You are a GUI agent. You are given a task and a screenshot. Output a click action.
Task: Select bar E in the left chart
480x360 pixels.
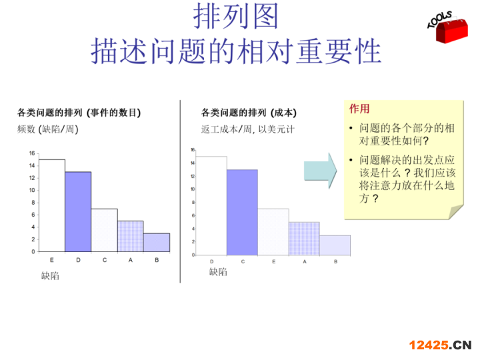point(52,205)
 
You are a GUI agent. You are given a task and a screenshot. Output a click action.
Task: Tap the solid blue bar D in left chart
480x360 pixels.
point(78,212)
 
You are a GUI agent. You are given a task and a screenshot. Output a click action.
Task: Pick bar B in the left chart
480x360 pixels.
point(157,243)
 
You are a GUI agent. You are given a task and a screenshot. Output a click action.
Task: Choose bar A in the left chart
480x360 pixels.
point(131,236)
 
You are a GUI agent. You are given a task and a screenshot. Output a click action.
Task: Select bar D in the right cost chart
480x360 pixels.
point(211,206)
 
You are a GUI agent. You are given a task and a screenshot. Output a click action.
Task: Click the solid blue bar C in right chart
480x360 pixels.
point(243,213)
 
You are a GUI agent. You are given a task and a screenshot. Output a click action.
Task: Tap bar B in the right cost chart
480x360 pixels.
point(335,245)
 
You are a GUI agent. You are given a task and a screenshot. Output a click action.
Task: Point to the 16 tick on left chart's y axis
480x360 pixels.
point(32,153)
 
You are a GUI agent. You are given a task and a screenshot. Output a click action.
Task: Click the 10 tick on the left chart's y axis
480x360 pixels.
point(32,190)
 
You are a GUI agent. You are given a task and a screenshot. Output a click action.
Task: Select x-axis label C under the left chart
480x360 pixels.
point(105,260)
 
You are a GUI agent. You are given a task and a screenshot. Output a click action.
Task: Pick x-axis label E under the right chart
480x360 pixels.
point(274,261)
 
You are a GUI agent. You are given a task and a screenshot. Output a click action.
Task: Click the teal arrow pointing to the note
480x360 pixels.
point(320,171)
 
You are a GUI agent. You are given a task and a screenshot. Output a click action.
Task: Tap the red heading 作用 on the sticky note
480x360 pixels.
point(359,109)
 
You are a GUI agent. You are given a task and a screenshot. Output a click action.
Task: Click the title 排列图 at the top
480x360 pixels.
point(236,16)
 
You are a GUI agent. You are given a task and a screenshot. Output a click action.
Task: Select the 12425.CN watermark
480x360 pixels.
point(440,345)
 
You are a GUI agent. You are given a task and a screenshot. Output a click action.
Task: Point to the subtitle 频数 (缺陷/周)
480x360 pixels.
point(48,129)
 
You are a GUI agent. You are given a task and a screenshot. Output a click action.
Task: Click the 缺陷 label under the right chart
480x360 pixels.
point(218,271)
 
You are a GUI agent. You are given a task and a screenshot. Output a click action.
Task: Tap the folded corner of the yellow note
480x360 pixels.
point(455,212)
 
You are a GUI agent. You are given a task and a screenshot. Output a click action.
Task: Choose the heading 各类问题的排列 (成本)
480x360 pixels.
point(249,113)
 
